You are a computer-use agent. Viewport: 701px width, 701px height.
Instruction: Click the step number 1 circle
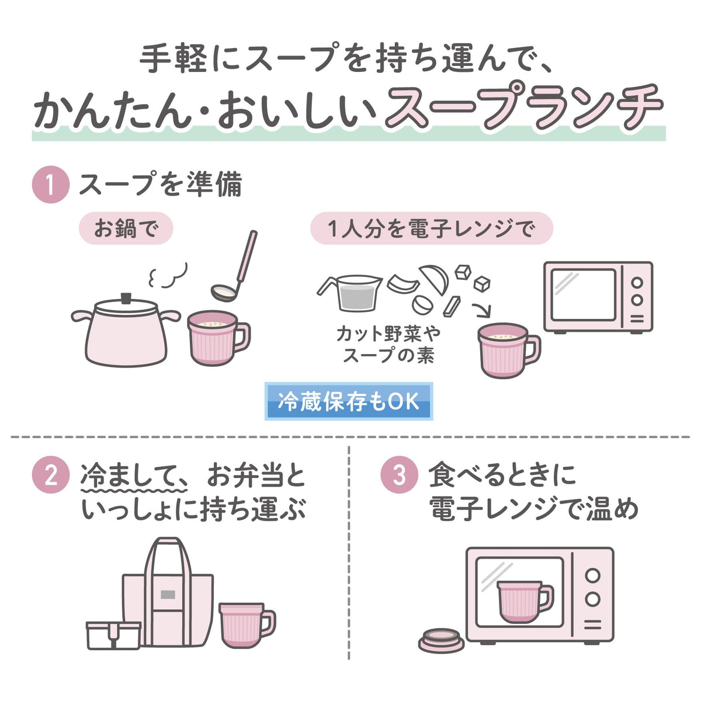pos(51,185)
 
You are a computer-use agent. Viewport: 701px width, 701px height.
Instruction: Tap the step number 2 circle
pos(51,475)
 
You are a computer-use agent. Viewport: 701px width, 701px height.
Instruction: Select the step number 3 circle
pos(399,475)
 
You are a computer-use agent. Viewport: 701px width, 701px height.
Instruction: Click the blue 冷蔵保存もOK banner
pos(349,401)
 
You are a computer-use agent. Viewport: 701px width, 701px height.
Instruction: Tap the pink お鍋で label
pos(126,228)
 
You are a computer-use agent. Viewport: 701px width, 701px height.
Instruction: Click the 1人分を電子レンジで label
pos(432,228)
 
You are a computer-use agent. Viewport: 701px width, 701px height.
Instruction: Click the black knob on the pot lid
pos(126,299)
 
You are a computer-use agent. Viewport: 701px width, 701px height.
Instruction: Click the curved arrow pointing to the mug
pos(483,310)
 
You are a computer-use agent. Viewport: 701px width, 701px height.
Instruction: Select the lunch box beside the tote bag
pos(113,636)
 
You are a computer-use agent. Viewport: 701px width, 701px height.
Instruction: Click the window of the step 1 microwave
pos(583,294)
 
